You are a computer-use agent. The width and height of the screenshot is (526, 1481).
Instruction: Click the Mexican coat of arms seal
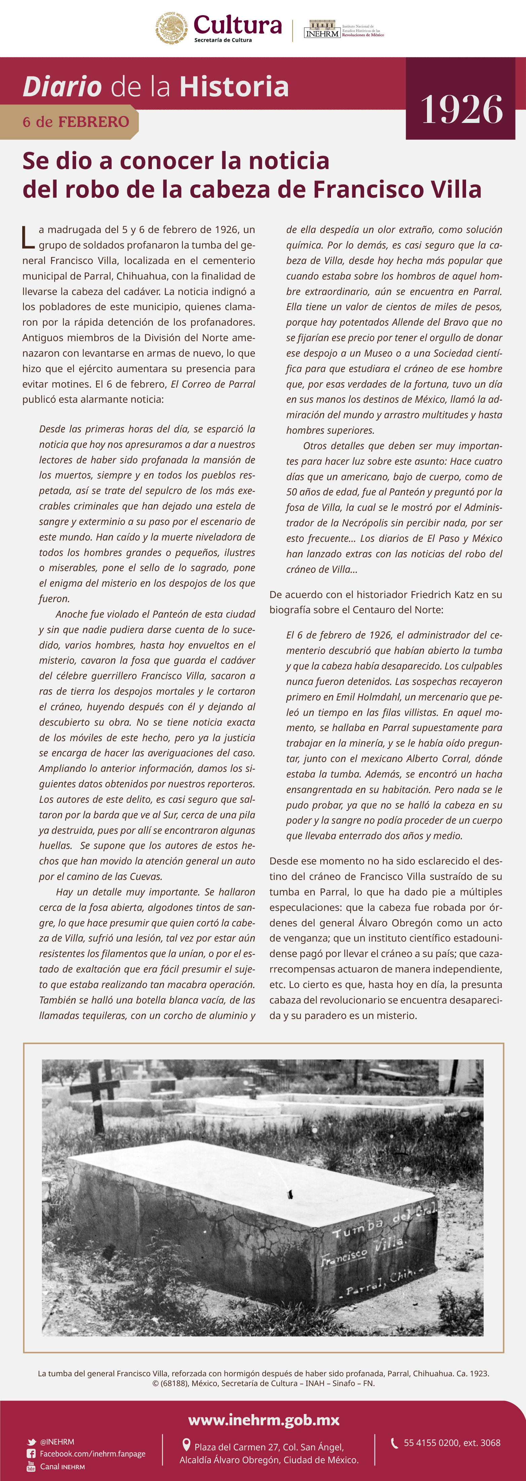click(171, 28)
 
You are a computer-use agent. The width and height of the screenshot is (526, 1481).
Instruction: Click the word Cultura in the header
click(237, 25)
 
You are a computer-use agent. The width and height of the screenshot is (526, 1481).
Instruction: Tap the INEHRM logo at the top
click(322, 30)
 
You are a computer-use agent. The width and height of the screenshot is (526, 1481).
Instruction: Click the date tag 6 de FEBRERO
click(76, 122)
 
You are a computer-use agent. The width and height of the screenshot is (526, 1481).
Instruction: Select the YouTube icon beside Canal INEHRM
click(31, 1466)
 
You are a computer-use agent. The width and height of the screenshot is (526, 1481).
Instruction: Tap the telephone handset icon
click(394, 1443)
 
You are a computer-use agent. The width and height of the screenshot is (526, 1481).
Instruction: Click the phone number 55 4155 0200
click(440, 1443)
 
